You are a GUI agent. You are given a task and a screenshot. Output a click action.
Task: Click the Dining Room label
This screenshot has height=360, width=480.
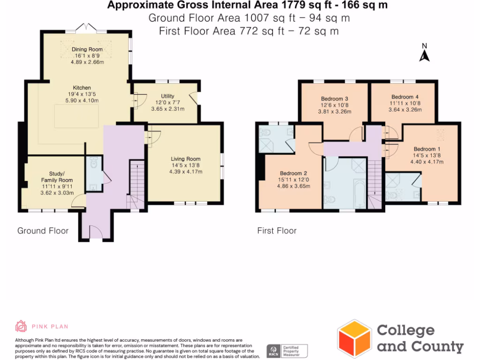point(87,49)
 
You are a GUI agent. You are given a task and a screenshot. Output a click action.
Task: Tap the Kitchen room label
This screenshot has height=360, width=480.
point(82,88)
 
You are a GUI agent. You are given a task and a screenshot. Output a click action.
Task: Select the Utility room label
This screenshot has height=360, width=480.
point(168,96)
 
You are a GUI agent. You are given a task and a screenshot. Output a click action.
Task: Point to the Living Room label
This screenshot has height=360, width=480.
point(186,159)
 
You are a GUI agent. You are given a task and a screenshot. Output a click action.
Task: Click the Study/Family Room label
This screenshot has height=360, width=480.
point(57,177)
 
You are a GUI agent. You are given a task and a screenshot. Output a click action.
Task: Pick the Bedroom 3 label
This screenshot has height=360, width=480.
point(334,98)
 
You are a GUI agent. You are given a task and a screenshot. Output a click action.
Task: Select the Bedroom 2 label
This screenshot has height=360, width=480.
point(293,172)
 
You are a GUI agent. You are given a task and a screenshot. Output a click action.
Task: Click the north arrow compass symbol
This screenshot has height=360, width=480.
point(424,54)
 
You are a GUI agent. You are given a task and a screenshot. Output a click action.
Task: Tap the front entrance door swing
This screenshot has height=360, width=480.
point(96,232)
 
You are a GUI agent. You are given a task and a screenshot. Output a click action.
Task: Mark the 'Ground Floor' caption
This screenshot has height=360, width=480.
point(43,231)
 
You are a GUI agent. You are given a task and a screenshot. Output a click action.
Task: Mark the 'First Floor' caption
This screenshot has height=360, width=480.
point(277,231)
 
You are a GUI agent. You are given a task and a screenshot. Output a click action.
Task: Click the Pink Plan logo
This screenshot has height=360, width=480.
point(22,326)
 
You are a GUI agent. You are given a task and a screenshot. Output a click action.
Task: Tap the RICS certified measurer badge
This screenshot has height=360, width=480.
point(287,351)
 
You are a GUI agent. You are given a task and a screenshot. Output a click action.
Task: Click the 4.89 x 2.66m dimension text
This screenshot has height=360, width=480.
point(87,62)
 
